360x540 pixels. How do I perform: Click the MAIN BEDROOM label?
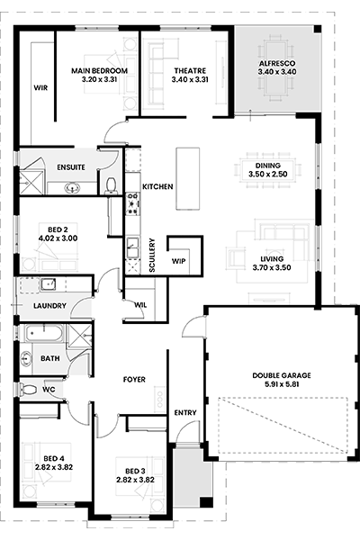(x=99, y=71)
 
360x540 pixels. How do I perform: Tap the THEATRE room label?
(x=190, y=71)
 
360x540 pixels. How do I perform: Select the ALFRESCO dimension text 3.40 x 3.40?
(x=277, y=72)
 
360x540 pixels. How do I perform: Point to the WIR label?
(x=40, y=88)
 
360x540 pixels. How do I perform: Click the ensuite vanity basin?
(x=72, y=188)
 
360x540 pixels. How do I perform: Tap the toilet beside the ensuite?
(x=111, y=185)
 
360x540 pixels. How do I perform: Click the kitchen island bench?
(x=188, y=178)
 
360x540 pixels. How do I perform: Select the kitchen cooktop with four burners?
(x=132, y=203)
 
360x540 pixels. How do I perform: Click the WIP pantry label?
(x=178, y=261)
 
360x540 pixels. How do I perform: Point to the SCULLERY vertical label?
(x=152, y=256)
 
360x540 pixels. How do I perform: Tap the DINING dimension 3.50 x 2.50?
(x=267, y=175)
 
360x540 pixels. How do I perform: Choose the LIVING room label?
(x=272, y=259)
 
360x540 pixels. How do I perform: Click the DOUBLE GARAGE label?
(x=282, y=375)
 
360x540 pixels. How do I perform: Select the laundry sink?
(x=49, y=284)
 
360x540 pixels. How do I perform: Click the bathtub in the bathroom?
(x=44, y=333)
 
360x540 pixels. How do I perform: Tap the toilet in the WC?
(x=29, y=390)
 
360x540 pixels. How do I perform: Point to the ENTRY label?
(x=185, y=412)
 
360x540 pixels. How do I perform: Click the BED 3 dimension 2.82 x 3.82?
(x=135, y=480)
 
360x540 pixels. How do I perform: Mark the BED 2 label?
(x=58, y=229)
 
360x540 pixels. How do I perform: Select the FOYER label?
(x=134, y=380)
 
